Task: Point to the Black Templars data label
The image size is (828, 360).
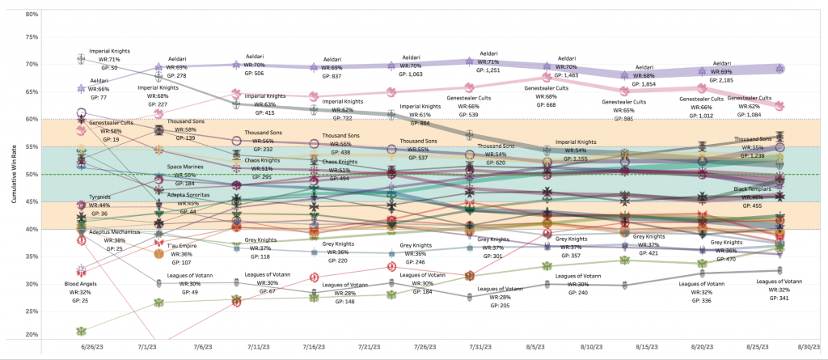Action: [x=752, y=197]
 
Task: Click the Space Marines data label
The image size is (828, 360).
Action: [x=186, y=176]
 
